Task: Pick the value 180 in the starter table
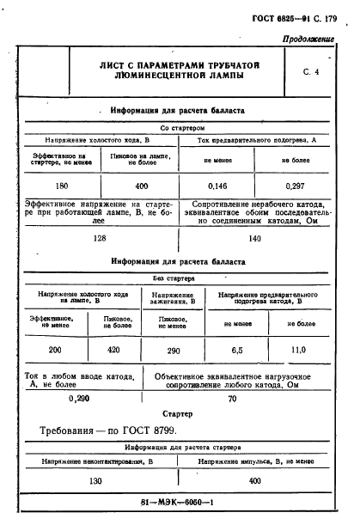pos(61,185)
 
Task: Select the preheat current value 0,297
pos(295,185)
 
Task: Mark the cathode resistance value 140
pos(254,240)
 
